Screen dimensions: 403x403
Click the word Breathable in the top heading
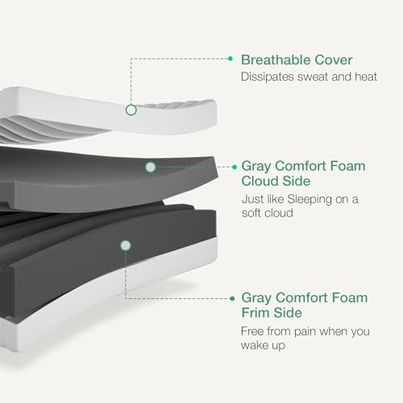coord(276,60)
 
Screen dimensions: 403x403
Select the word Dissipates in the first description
coord(268,77)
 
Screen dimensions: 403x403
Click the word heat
coord(366,77)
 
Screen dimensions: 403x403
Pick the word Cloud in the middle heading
coord(260,181)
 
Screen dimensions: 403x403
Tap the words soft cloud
coord(267,213)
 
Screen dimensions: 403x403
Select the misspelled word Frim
coord(256,313)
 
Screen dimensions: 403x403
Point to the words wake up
coord(263,346)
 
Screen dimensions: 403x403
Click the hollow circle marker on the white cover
coord(131,110)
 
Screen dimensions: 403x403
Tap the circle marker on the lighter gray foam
coord(151,167)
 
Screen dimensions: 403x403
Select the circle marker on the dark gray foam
coord(126,246)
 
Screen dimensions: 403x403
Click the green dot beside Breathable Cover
coord(231,58)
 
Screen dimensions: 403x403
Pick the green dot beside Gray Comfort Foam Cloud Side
coord(235,167)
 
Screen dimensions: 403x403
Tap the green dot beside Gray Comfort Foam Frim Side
coord(233,298)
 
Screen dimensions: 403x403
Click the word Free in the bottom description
coord(252,331)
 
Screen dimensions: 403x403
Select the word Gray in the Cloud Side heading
coord(256,167)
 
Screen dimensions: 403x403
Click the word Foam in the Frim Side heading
coord(350,297)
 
